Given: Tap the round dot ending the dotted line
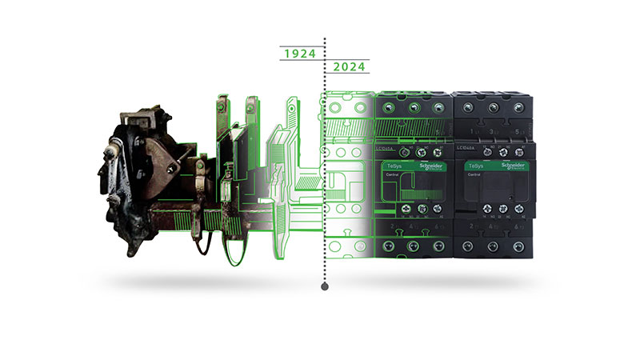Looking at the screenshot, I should coord(324,285).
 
